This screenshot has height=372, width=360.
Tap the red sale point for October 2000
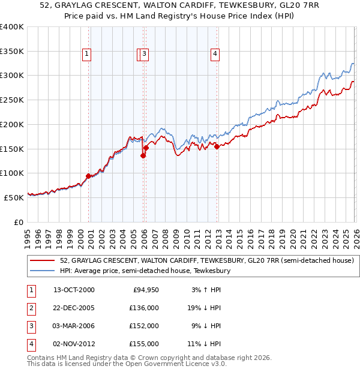(89, 176)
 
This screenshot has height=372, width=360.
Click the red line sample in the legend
(43, 260)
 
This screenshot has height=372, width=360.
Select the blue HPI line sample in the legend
(43, 271)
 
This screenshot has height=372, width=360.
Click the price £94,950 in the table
(144, 290)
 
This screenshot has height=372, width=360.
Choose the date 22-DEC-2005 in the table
(74, 308)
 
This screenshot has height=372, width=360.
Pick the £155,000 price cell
(144, 344)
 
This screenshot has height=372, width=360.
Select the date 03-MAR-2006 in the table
(74, 326)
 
